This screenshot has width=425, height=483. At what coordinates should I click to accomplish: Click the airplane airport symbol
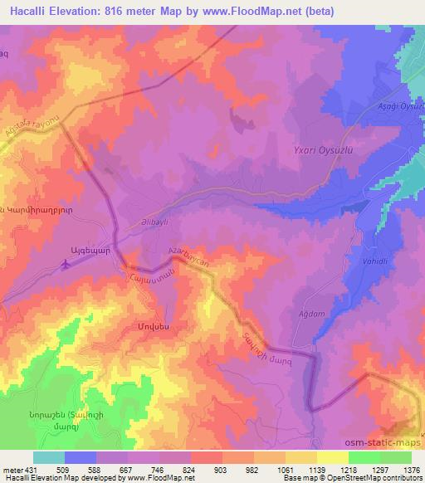(x=66, y=265)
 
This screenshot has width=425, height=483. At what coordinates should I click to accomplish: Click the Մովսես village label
(x=130, y=327)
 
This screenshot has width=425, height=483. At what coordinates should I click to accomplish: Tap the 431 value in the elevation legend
(x=27, y=469)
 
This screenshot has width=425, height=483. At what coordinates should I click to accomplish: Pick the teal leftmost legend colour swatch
(x=49, y=457)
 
